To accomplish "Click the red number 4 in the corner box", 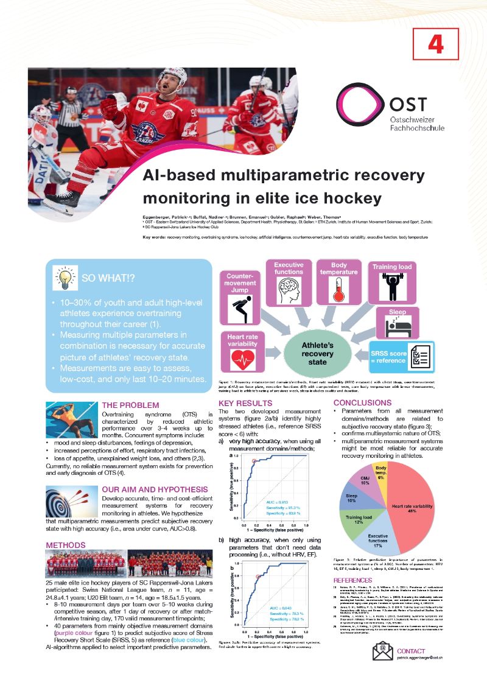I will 435,44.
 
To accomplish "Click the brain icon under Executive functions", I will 289,290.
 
